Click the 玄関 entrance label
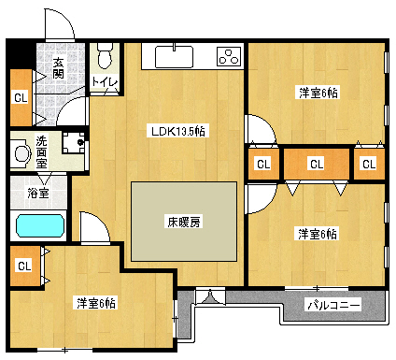point(58,69)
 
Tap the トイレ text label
point(104,83)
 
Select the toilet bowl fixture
point(106,57)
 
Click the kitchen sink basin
point(173,58)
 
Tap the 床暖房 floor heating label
point(184,223)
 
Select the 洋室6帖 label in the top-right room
point(318,92)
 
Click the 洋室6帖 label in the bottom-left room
point(96,302)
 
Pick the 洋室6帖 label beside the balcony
point(318,233)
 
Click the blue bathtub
point(39,226)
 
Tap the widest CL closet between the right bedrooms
point(317,165)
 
